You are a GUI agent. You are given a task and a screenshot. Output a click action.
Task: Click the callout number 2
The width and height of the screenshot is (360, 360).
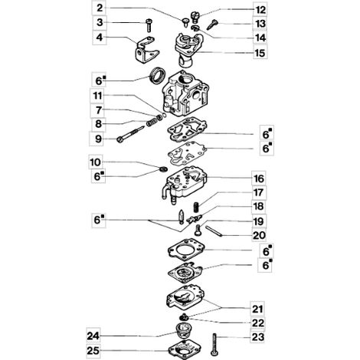point(100,8)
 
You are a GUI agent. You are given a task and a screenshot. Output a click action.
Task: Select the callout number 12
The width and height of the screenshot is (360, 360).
point(260,10)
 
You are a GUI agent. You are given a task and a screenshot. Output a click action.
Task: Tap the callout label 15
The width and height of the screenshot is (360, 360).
point(260,53)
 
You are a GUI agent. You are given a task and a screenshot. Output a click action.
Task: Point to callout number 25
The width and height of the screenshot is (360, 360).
point(93,350)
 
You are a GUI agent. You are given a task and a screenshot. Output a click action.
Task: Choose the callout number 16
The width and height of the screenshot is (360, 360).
point(259,178)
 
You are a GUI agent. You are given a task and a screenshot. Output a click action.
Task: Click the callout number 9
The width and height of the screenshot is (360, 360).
point(98,139)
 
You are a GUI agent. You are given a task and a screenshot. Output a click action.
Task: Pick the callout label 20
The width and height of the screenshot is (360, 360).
point(259,235)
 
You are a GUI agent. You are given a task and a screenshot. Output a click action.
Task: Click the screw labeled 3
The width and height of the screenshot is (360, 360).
point(149,25)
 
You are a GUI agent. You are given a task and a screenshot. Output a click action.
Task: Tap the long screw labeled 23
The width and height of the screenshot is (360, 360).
point(214,345)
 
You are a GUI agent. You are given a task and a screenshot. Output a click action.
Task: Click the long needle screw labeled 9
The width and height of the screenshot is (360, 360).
point(131,133)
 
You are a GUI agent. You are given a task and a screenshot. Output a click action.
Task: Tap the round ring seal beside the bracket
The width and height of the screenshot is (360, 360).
point(158,76)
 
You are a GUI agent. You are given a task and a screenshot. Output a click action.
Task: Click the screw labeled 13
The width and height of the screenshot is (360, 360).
point(212,25)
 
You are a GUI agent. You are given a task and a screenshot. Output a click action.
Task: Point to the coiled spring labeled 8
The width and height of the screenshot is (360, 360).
point(152,122)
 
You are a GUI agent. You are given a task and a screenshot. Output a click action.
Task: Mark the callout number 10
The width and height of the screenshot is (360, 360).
point(95,162)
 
